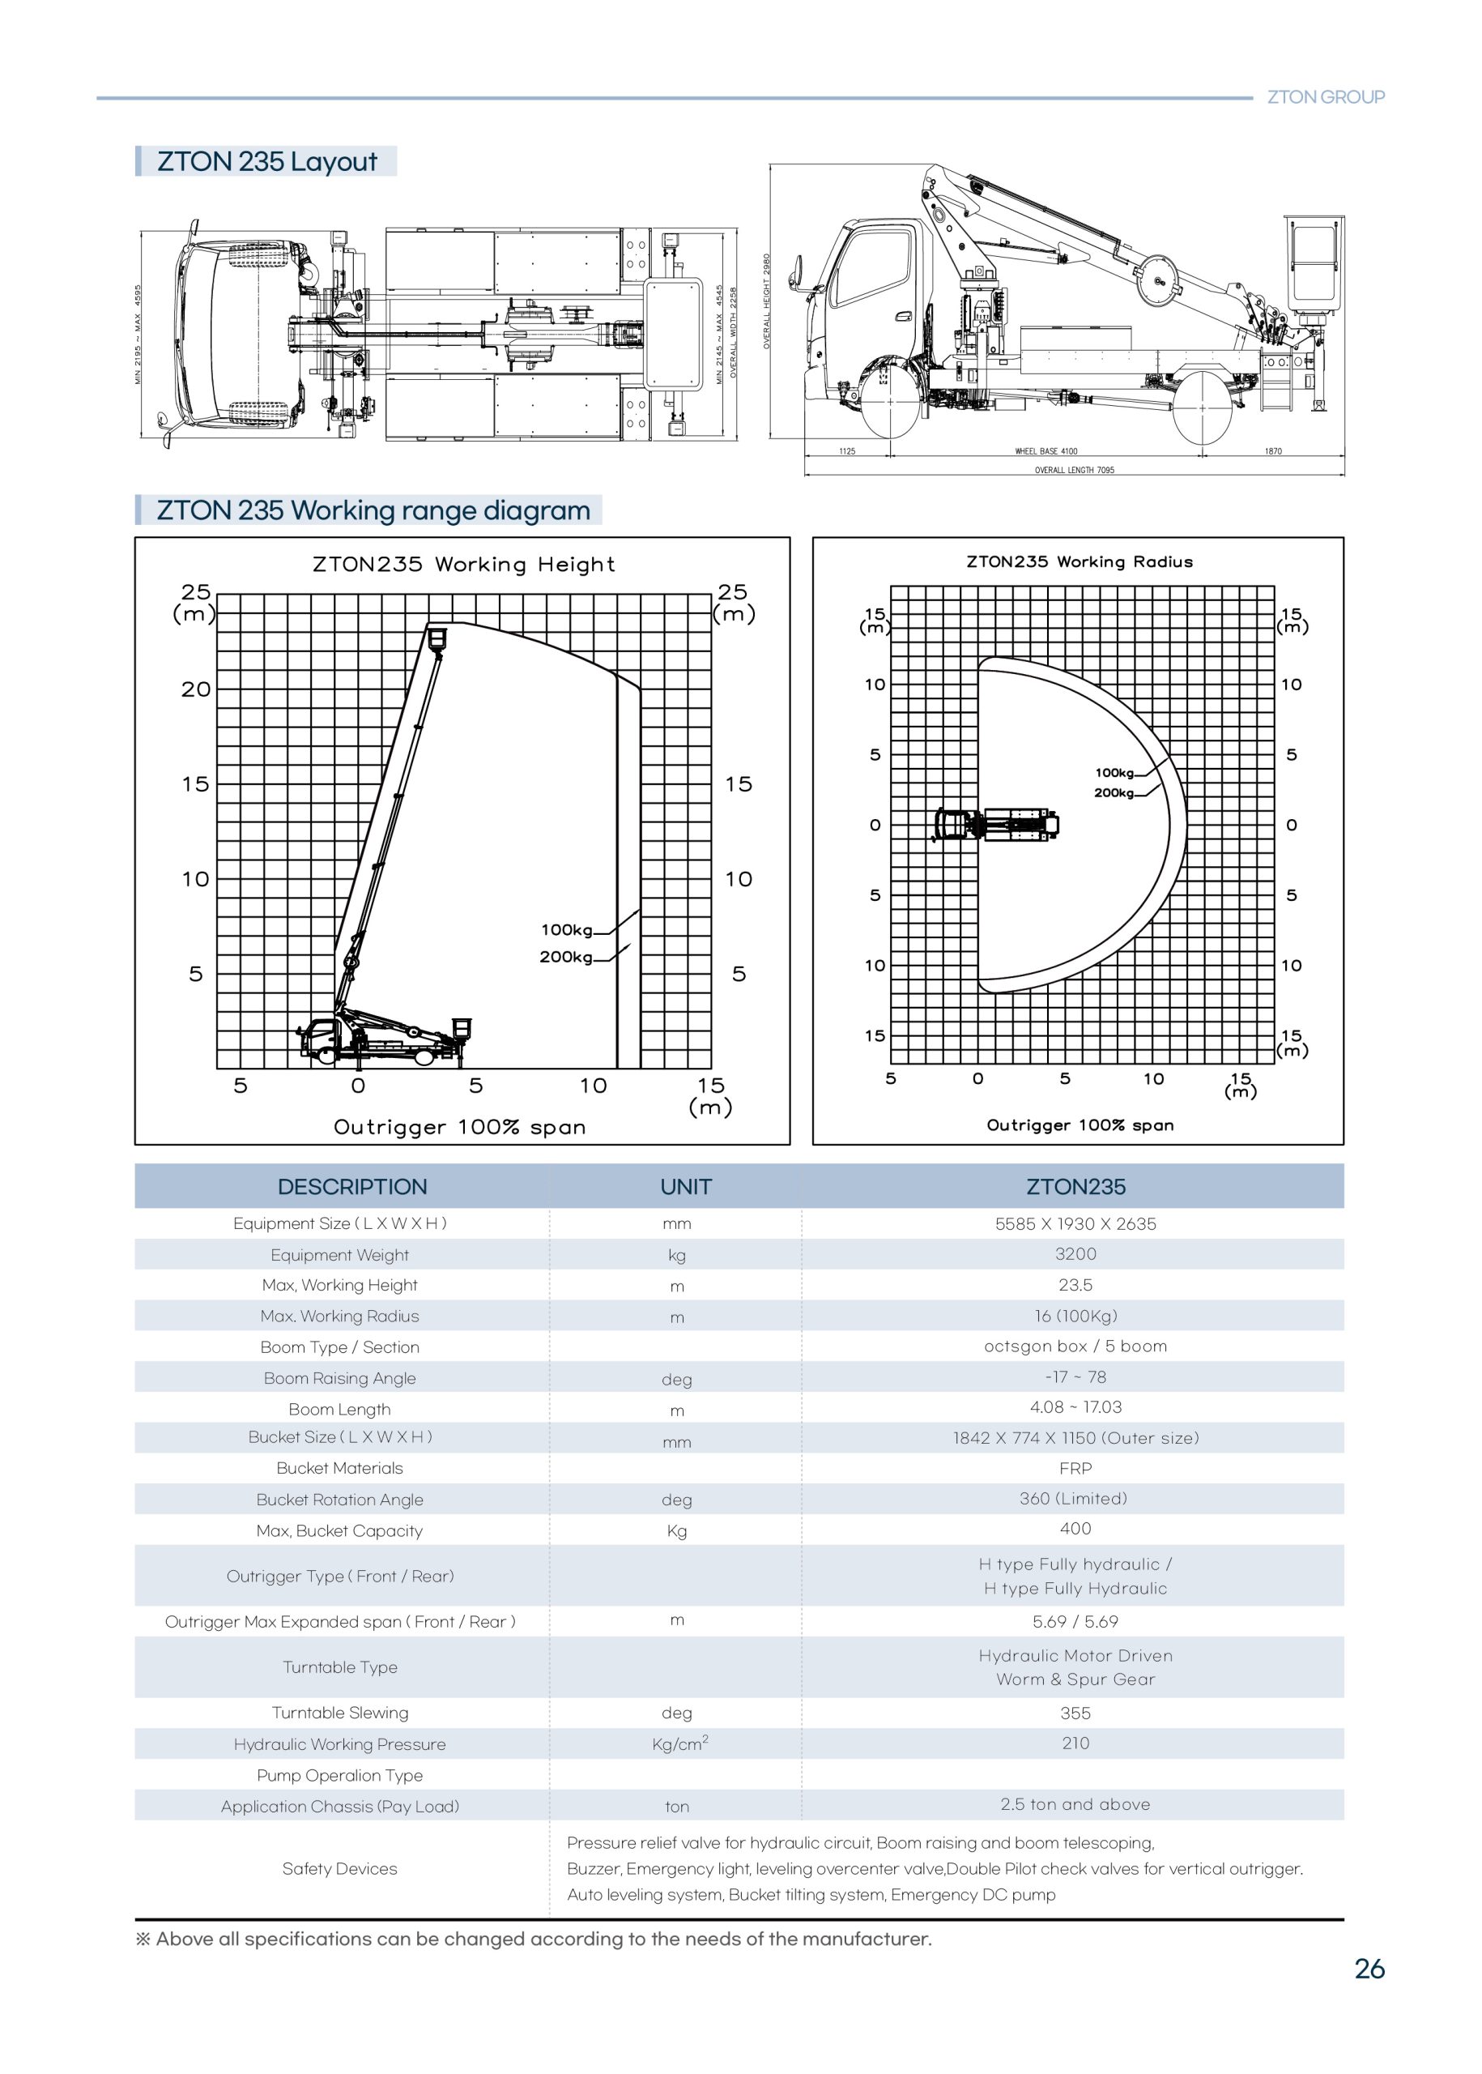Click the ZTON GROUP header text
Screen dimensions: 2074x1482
[x=1325, y=96]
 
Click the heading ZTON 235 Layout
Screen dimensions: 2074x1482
[x=266, y=161]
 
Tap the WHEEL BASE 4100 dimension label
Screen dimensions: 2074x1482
[x=1045, y=451]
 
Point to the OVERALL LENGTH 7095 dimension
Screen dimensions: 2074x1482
[x=1074, y=470]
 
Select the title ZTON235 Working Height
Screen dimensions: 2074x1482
[x=463, y=564]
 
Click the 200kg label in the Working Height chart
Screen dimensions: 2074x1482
[x=566, y=957]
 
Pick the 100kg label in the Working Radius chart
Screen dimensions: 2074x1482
[x=1114, y=772]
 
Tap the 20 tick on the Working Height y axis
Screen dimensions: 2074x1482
[x=195, y=689]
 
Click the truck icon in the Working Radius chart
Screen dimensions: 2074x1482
[x=995, y=824]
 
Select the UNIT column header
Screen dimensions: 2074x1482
[x=685, y=1187]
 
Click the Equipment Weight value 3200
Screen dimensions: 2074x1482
[x=1075, y=1254]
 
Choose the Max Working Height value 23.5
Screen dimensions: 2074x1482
[x=1075, y=1285]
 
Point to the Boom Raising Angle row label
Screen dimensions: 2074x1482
[x=339, y=1378]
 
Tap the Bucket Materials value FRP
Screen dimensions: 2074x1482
[x=1075, y=1469]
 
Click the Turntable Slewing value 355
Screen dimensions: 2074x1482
[x=1075, y=1713]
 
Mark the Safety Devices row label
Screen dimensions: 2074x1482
[x=339, y=1868]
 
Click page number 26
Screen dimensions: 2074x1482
[x=1369, y=1969]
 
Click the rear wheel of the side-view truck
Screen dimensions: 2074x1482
[x=1202, y=408]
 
